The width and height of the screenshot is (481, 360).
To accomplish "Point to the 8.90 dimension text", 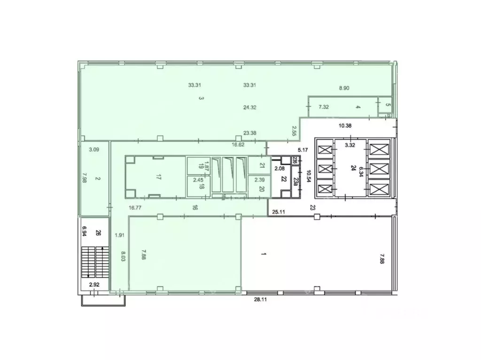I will [x=346, y=88].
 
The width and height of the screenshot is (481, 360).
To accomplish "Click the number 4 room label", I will [x=358, y=107].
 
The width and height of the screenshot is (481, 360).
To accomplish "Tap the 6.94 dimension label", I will [x=85, y=231].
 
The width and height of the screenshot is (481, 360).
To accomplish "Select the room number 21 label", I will [x=262, y=165].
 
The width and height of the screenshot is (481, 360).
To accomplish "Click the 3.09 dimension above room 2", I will [x=94, y=150].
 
